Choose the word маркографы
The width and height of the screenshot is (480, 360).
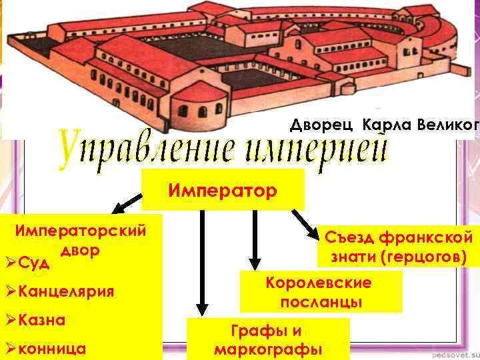(x=268, y=349)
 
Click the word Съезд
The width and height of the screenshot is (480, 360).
(x=349, y=237)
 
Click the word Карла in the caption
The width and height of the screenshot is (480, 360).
(x=387, y=125)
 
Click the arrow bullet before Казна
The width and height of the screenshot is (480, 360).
(x=10, y=320)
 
